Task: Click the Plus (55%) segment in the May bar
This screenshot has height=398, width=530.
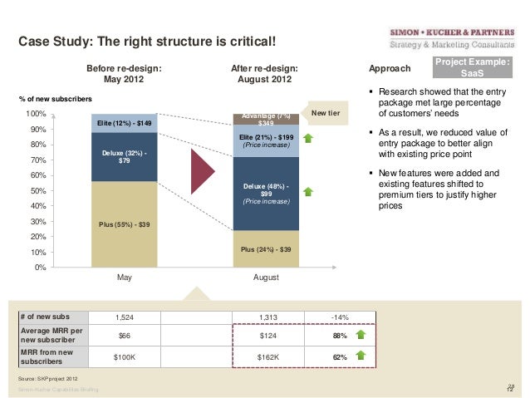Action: pyautogui.click(x=125, y=224)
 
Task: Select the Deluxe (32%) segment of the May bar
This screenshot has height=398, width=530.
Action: pyautogui.click(x=125, y=156)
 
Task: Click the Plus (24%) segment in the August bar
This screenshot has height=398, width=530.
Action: pyautogui.click(x=265, y=248)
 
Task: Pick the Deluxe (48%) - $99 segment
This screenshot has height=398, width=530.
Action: pyautogui.click(x=265, y=192)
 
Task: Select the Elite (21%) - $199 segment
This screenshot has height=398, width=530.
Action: pyautogui.click(x=265, y=140)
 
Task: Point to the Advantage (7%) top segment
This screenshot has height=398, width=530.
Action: pyautogui.click(x=265, y=119)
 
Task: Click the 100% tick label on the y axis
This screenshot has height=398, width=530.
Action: pyautogui.click(x=35, y=114)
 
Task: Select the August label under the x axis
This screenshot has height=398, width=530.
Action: pyautogui.click(x=266, y=278)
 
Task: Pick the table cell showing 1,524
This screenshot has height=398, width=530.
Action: pyautogui.click(x=125, y=317)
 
